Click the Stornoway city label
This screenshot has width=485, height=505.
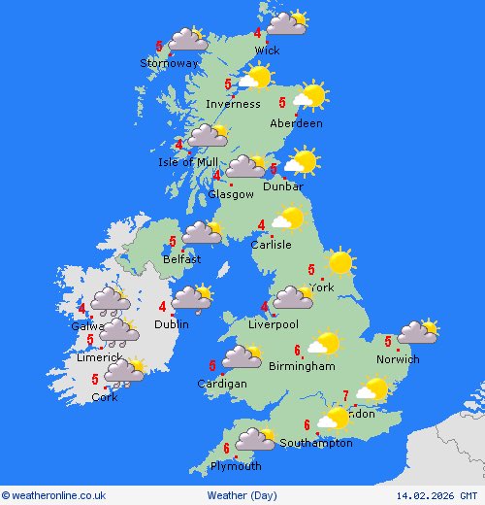click(x=169, y=63)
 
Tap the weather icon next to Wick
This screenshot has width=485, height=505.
click(x=286, y=22)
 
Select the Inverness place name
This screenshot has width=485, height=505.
click(x=233, y=104)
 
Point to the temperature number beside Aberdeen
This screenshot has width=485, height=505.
click(x=282, y=102)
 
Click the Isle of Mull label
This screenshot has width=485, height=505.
click(x=188, y=162)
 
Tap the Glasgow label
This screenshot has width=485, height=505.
click(x=231, y=194)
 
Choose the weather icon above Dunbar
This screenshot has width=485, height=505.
click(x=302, y=162)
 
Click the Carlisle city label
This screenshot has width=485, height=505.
click(x=271, y=245)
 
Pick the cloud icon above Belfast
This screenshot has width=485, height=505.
click(x=202, y=233)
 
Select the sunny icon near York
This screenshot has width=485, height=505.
click(x=339, y=262)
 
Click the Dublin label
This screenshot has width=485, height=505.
click(x=171, y=324)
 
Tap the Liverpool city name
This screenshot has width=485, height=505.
click(x=274, y=324)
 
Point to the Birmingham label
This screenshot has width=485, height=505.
click(x=303, y=366)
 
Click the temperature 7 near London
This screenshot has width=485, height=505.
click(x=345, y=394)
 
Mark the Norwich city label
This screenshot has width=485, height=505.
click(x=399, y=359)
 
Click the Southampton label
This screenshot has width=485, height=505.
click(x=316, y=443)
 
